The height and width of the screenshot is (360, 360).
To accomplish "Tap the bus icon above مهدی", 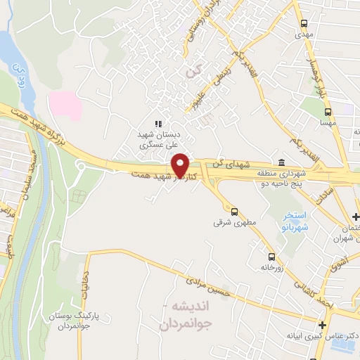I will (304, 22).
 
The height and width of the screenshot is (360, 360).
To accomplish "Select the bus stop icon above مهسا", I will (328, 112).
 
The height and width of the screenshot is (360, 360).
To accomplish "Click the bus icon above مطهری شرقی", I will (233, 211).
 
